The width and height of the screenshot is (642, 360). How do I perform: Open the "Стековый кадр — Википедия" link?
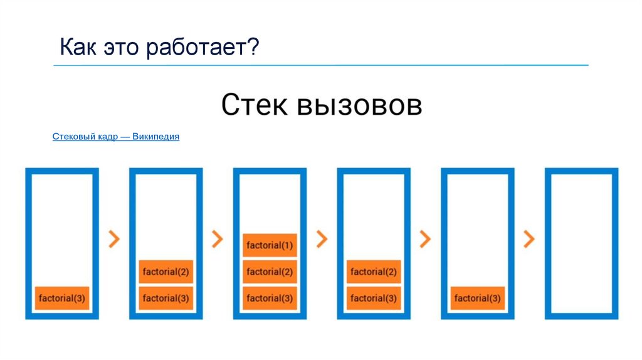(116, 136)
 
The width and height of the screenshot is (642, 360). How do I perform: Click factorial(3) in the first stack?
(61, 298)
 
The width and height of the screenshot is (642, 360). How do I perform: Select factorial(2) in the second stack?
(166, 272)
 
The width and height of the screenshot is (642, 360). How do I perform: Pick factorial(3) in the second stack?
(166, 298)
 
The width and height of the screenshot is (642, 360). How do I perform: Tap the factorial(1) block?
(270, 245)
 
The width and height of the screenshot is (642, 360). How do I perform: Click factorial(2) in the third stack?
(270, 272)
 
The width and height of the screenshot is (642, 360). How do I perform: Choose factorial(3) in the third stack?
(270, 298)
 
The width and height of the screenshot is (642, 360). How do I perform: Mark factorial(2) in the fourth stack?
(374, 272)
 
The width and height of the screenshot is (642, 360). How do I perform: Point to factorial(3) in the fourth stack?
(374, 298)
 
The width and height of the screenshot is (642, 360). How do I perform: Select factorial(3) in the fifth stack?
(478, 298)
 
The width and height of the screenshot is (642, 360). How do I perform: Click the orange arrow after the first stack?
(113, 238)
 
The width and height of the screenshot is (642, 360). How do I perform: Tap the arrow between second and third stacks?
(218, 238)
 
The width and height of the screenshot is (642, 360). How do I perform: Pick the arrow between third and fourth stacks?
(322, 238)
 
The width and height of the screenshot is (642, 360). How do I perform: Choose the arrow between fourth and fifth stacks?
(426, 238)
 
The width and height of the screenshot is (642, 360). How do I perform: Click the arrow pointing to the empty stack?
(530, 238)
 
